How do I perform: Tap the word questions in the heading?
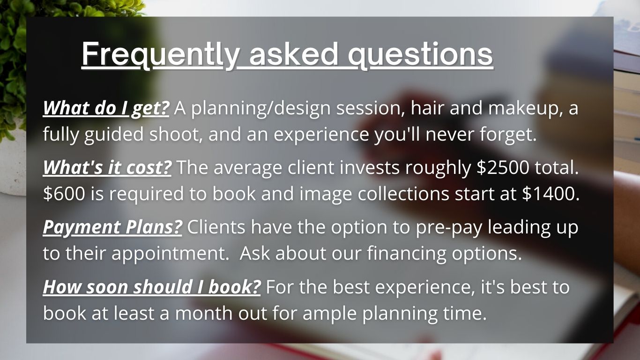coord(420,55)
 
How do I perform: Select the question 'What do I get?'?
coord(106,109)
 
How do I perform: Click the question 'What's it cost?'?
coord(107,167)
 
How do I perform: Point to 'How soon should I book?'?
coord(152,287)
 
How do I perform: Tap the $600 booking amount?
coord(64,194)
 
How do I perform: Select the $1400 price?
coord(551,194)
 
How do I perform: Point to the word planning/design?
coord(261,109)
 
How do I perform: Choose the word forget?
coord(508,135)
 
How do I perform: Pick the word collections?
coord(403,194)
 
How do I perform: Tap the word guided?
coord(114,135)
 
